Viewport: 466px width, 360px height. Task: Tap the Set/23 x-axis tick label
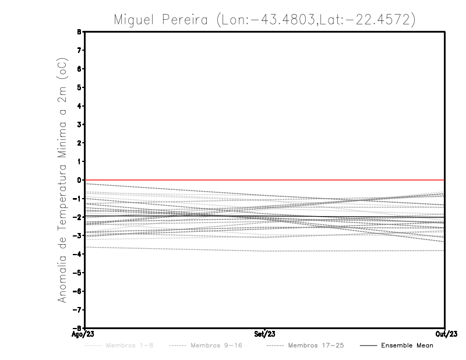point(265,334)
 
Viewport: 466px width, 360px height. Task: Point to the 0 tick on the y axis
point(79,180)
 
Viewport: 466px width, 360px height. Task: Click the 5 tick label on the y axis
point(79,87)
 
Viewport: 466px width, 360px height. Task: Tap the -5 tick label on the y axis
point(78,273)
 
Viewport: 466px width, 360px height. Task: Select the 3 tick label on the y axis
point(79,125)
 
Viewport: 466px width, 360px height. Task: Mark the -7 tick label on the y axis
point(78,309)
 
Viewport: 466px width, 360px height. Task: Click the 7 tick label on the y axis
point(79,51)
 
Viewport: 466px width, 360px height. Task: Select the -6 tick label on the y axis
point(78,291)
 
